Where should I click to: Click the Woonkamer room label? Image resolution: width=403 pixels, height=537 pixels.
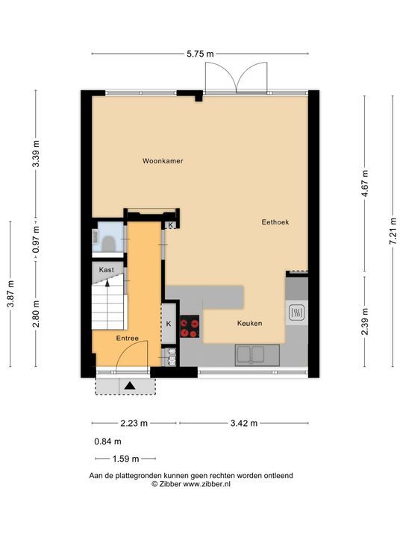click(x=163, y=160)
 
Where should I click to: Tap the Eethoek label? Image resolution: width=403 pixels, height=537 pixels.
click(x=275, y=222)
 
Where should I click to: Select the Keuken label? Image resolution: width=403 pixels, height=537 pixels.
click(x=249, y=323)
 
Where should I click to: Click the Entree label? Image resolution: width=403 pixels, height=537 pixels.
click(x=127, y=338)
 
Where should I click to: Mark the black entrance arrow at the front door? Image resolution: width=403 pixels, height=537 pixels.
click(x=129, y=385)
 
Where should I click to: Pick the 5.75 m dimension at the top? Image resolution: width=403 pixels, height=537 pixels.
click(x=199, y=53)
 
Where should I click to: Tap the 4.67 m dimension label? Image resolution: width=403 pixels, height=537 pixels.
click(x=363, y=183)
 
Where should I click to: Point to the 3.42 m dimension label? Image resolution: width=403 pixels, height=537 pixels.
click(x=243, y=423)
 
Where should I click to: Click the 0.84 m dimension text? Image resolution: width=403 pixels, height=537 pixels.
click(x=107, y=441)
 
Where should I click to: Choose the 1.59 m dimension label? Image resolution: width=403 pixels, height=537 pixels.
click(x=124, y=459)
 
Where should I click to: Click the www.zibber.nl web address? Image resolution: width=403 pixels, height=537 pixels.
click(x=207, y=484)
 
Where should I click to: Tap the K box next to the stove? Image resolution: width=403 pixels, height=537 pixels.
click(x=169, y=323)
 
